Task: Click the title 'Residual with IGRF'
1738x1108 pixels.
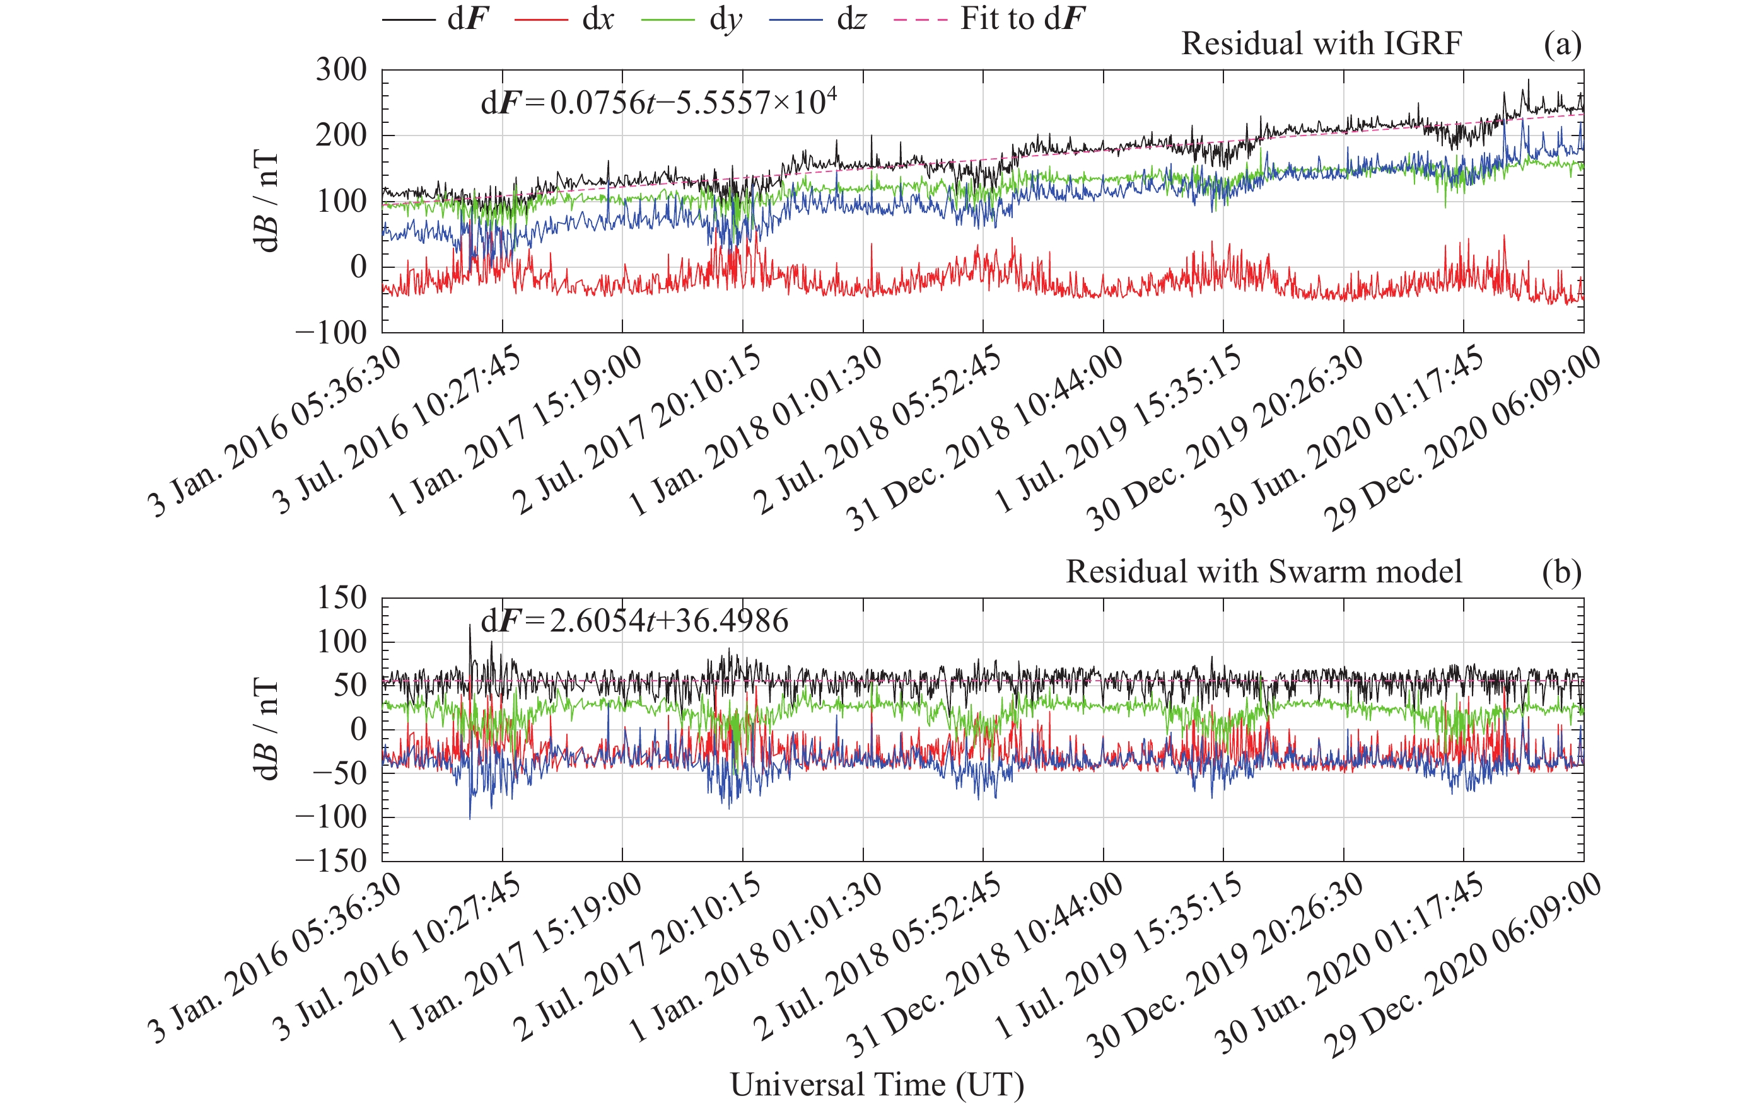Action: tap(1321, 44)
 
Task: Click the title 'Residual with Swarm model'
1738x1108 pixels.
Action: tap(1264, 572)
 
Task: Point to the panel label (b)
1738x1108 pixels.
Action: tap(1562, 573)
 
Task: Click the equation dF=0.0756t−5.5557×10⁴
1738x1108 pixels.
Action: tap(658, 103)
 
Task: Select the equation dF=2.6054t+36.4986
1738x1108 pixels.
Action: tap(634, 621)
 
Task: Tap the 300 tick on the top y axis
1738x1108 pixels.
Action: tap(341, 70)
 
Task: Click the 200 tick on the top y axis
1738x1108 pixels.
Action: tap(341, 136)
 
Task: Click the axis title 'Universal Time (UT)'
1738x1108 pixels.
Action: tap(877, 1084)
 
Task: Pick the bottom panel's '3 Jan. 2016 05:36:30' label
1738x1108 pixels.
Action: tap(274, 959)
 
